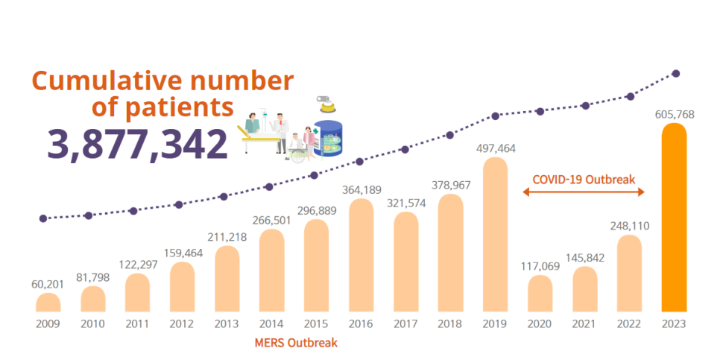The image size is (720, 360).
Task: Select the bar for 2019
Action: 495,235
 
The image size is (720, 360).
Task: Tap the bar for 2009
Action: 48,303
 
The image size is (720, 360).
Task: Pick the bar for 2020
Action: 540,294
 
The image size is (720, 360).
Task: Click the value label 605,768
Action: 674,114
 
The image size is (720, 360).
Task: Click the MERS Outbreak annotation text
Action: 296,343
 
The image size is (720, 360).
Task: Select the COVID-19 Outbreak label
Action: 584,180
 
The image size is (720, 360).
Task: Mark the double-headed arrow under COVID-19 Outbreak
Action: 584,192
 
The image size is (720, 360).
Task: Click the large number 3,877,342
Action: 137,144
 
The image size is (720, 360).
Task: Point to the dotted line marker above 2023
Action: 675,73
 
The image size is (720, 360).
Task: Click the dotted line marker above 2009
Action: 43,218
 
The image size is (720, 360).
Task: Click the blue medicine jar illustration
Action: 329,139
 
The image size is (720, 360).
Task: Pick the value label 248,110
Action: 629,225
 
